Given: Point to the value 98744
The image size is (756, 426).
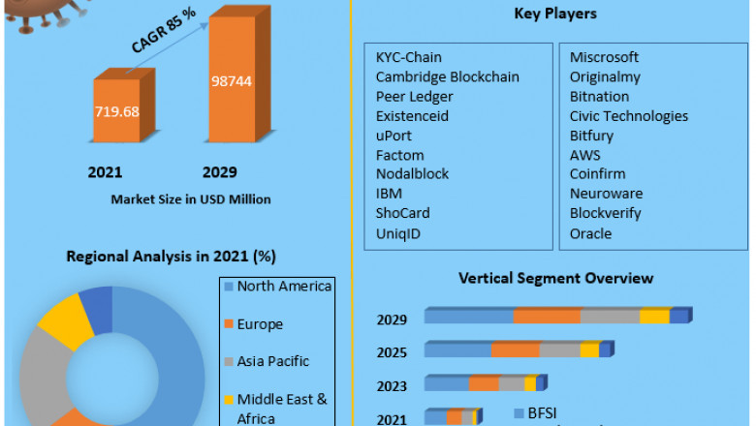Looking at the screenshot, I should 231,80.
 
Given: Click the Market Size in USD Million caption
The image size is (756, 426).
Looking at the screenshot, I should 190,198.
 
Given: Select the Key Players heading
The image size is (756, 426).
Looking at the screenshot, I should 555,14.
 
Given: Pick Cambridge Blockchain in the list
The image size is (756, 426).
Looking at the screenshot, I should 447,76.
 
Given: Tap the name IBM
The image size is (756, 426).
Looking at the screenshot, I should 389,194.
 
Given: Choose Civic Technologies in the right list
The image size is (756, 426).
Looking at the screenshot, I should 628,116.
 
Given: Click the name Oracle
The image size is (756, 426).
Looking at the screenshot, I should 590,233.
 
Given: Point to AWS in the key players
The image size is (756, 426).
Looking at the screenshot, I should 584,155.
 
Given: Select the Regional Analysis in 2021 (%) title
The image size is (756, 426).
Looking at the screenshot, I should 171,257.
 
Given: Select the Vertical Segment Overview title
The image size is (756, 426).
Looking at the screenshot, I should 555,279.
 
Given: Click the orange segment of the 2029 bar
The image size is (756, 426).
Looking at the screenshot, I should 547,317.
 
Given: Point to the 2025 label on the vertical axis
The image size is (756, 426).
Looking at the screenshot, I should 392,352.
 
